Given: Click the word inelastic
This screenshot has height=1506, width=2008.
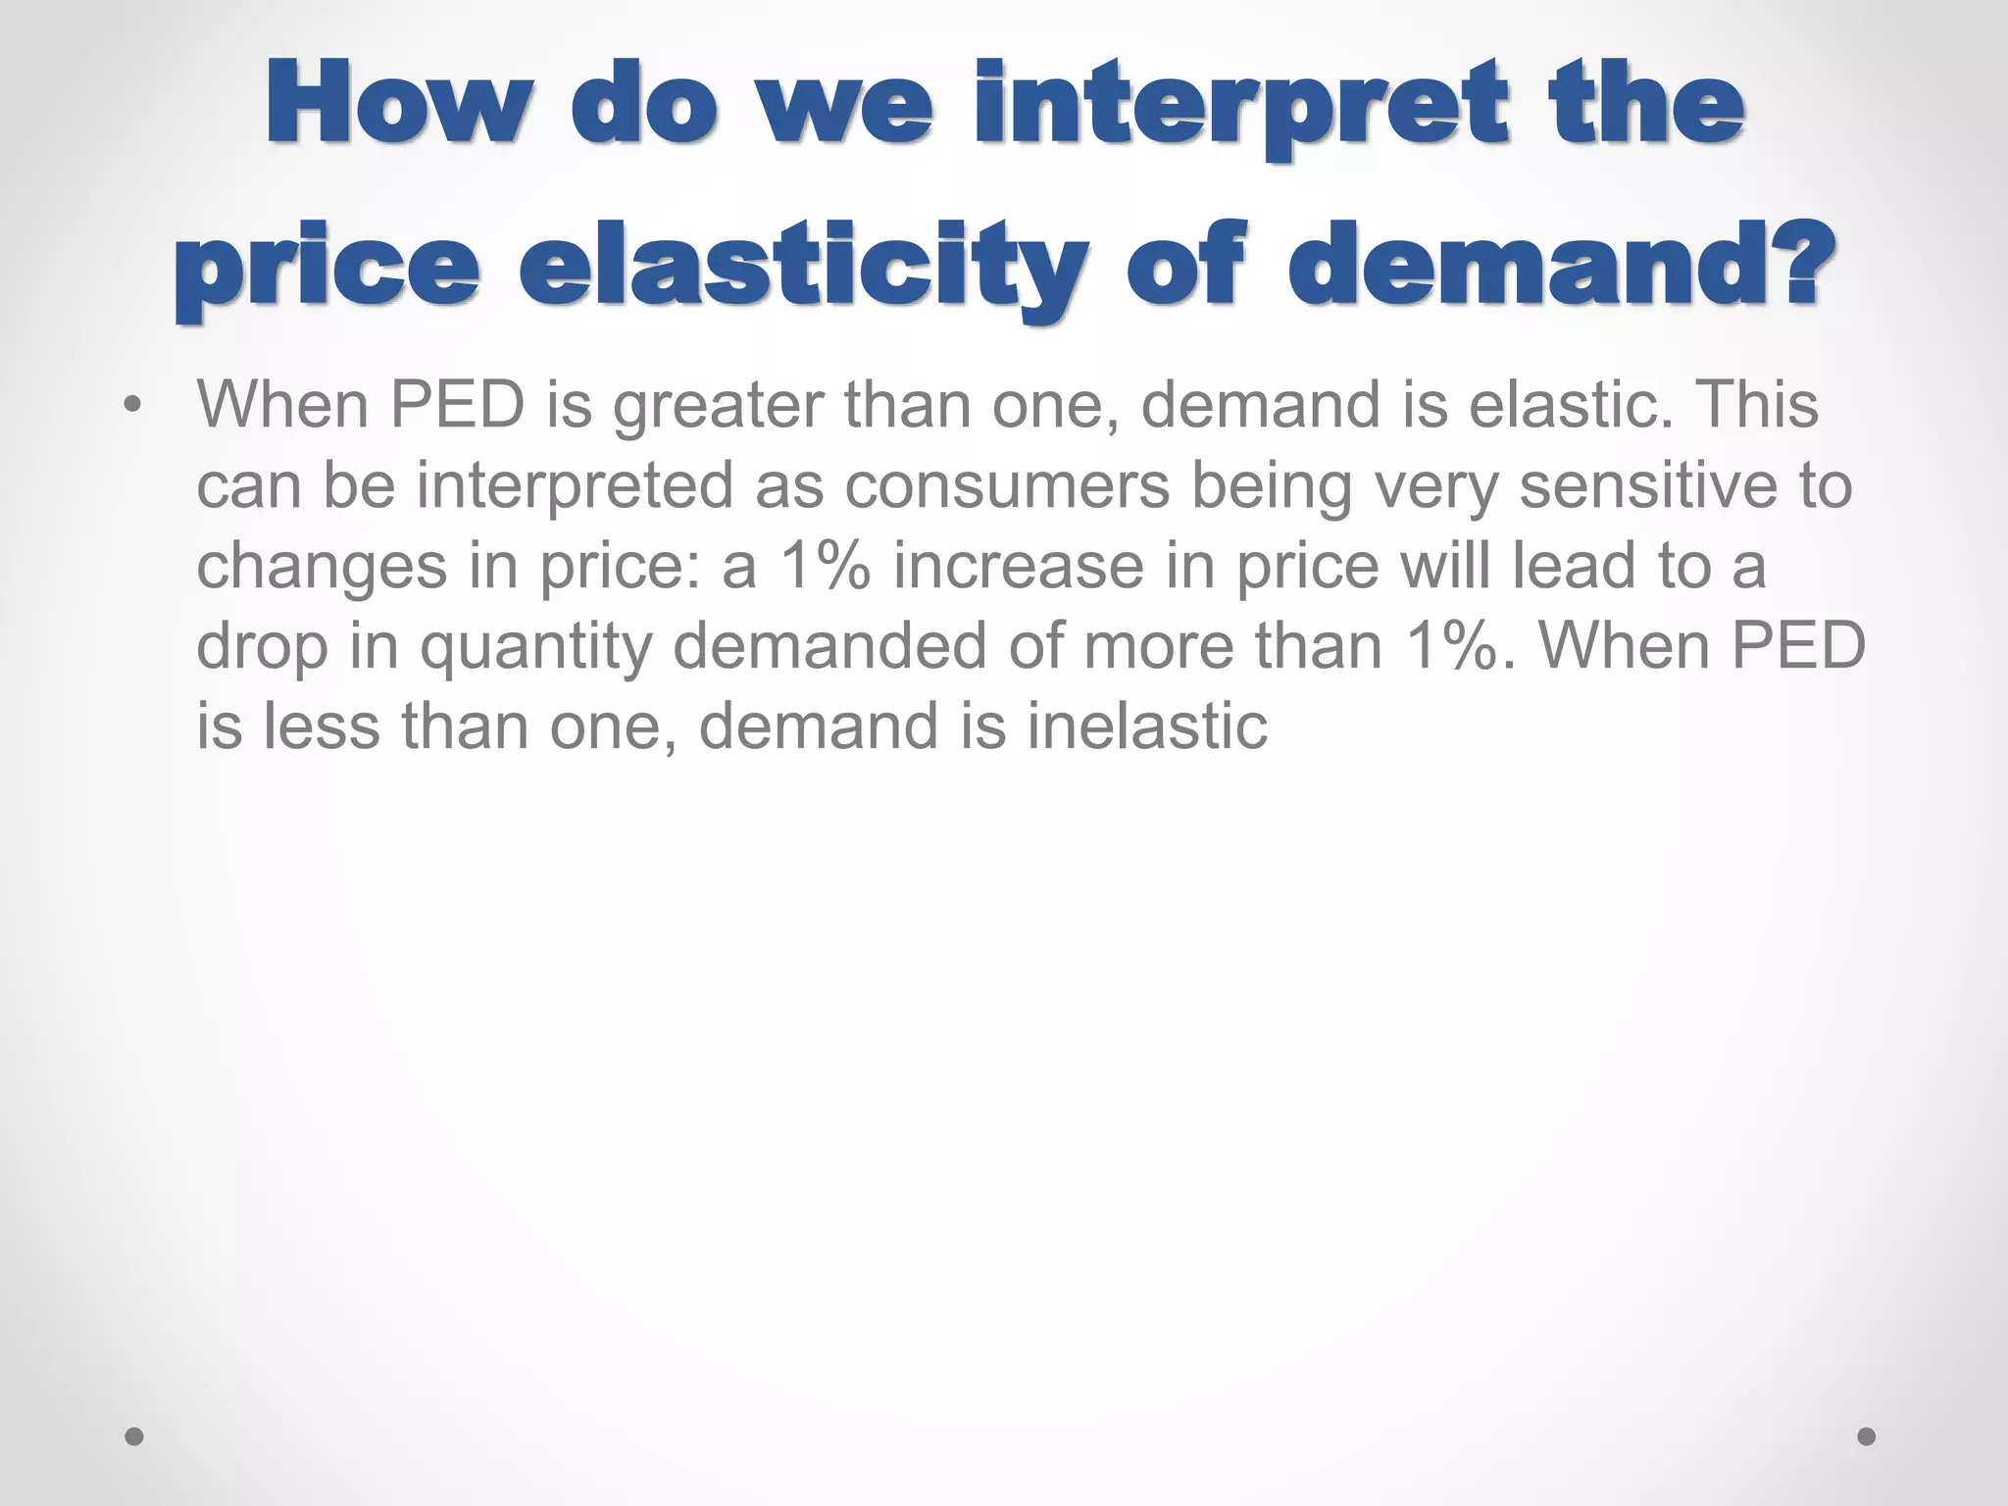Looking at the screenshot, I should (1147, 728).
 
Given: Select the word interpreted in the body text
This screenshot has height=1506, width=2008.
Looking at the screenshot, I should (575, 488).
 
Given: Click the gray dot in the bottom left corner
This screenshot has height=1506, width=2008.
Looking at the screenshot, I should (134, 1436).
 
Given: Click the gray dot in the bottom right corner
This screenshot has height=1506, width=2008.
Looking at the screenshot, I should (1867, 1436).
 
